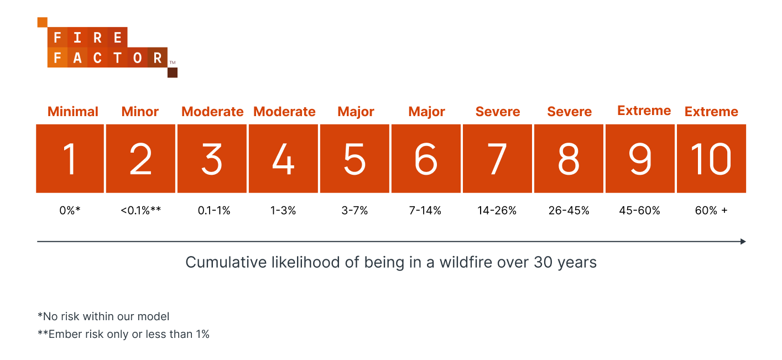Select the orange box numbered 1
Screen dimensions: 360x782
70,159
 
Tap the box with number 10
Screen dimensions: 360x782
711,159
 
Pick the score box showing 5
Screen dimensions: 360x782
354,159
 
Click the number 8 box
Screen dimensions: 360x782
569,159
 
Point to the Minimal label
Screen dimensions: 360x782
73,112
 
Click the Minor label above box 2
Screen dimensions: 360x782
140,112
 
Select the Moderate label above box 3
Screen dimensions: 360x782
212,112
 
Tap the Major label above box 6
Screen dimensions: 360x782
426,112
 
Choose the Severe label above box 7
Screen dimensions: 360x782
498,112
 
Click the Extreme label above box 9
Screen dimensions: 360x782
644,111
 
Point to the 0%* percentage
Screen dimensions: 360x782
70,211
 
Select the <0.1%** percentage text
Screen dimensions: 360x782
140,211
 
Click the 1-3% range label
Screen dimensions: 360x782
283,211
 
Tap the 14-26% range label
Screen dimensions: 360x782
497,211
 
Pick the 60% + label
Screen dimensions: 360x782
711,211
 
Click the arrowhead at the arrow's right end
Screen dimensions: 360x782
743,242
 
